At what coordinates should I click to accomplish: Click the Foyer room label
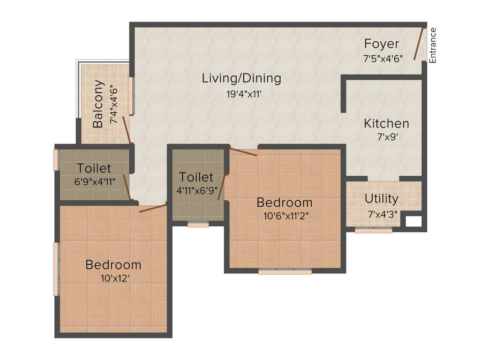pos(382,44)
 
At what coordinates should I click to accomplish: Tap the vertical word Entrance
pos(433,45)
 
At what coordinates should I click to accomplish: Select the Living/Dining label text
pos(241,78)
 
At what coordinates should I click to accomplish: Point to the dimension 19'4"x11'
pos(244,94)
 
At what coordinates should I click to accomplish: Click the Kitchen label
pos(386,124)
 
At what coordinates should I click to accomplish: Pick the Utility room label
pos(382,199)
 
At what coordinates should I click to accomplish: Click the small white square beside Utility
pos(413,221)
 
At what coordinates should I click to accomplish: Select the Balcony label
pos(98,104)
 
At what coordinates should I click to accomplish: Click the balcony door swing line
pos(127,130)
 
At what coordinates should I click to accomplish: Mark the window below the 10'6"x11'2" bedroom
pos(285,271)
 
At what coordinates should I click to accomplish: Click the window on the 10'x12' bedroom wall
pos(56,269)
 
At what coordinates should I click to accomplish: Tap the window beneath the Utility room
pos(373,230)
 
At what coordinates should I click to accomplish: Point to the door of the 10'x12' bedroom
pos(153,208)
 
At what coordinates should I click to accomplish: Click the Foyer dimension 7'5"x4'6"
pos(383,59)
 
